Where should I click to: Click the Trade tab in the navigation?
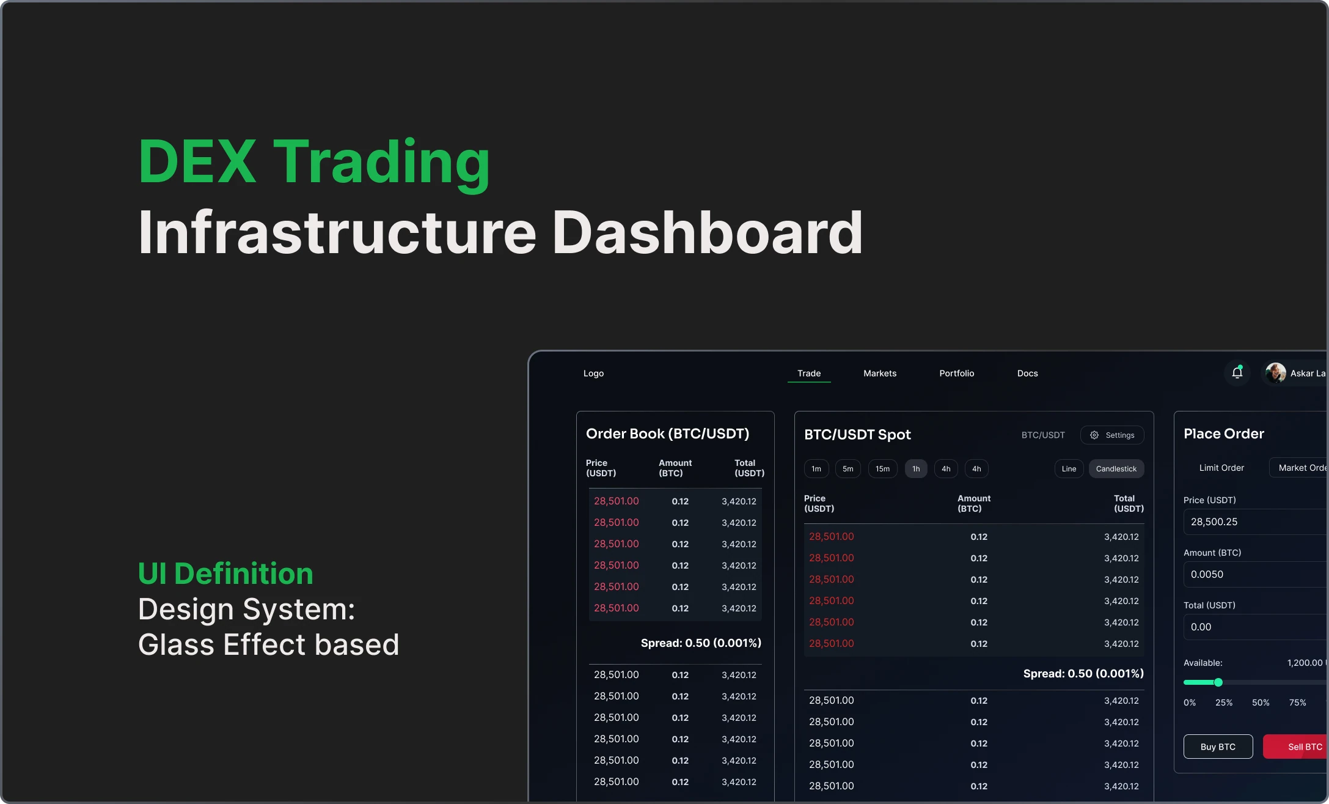coord(808,373)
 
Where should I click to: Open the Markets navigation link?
coord(879,373)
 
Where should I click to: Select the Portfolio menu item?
coord(956,373)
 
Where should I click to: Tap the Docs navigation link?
coord(1027,373)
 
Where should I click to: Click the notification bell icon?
coord(1237,372)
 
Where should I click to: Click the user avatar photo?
coord(1275,372)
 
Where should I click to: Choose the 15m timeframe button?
coord(882,469)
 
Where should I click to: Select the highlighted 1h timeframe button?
coord(915,469)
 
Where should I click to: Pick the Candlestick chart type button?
coord(1116,469)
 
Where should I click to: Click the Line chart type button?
coord(1068,469)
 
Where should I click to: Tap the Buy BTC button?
coord(1217,747)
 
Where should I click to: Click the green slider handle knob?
coord(1218,682)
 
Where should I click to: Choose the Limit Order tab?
coord(1221,468)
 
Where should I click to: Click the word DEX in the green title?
coord(197,161)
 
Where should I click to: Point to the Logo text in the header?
coord(593,373)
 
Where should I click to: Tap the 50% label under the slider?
coord(1260,703)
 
